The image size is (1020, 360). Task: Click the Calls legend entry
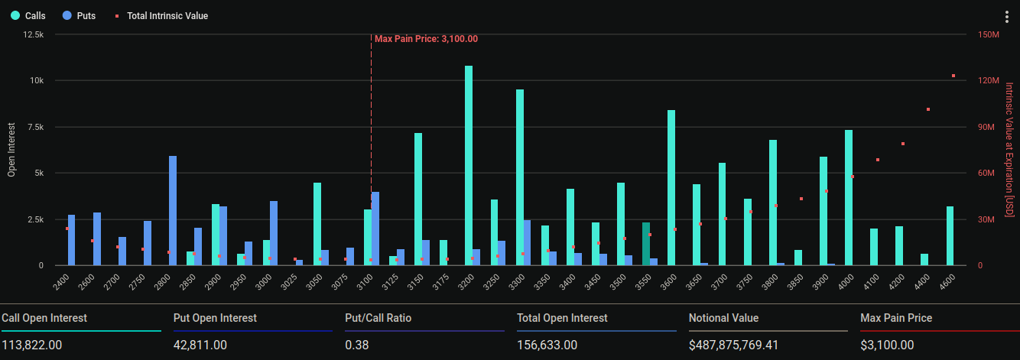click(28, 16)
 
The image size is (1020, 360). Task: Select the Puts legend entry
click(80, 16)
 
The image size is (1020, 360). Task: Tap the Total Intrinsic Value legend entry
click(161, 16)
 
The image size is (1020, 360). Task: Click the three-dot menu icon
click(1006, 17)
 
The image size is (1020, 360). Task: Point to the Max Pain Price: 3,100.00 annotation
click(426, 39)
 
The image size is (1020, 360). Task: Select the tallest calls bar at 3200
click(469, 166)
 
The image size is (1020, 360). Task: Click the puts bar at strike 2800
click(173, 211)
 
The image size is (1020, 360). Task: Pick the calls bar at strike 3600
click(671, 188)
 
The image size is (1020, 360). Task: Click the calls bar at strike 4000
click(848, 198)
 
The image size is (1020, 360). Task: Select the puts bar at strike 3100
click(375, 229)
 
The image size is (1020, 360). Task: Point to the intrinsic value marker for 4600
click(953, 76)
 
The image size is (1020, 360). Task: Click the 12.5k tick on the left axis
click(34, 34)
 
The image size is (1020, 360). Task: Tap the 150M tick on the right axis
click(989, 34)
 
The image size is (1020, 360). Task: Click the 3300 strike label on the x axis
click(517, 282)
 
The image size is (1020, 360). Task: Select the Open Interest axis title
click(11, 150)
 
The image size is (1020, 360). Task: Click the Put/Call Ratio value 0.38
click(357, 345)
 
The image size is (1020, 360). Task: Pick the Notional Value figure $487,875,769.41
click(733, 345)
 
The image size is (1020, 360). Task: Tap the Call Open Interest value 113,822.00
click(32, 345)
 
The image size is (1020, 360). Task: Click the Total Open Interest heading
click(562, 318)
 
